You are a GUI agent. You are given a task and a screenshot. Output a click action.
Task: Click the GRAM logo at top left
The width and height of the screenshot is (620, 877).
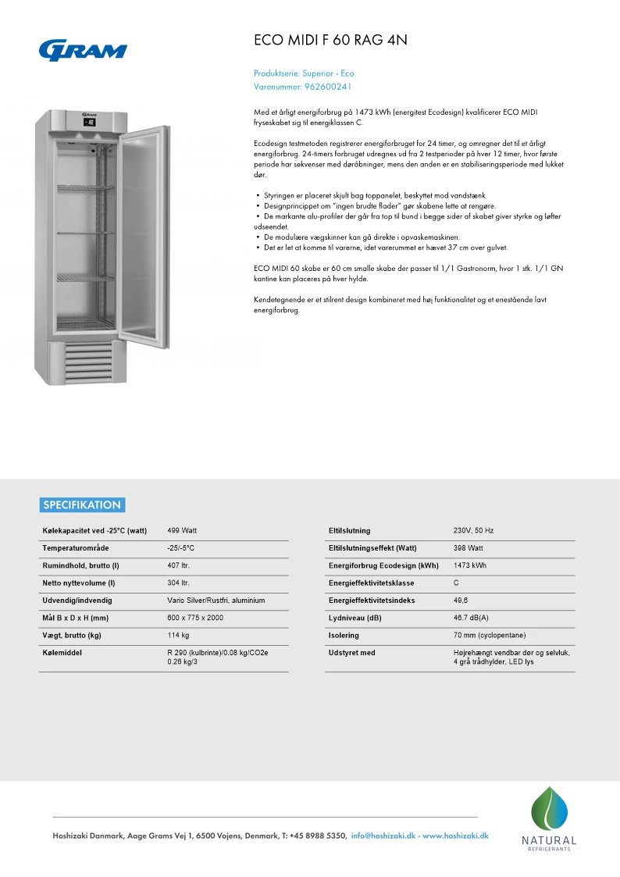83,50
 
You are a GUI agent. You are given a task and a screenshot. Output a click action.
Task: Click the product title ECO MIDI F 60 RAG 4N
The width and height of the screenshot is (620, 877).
331,40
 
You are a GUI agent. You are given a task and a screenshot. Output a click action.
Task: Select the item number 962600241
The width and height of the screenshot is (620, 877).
328,87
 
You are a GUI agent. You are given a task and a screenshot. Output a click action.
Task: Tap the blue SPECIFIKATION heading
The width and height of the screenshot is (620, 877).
82,504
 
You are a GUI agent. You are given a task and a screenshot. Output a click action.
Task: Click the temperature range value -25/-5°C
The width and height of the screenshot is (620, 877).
181,548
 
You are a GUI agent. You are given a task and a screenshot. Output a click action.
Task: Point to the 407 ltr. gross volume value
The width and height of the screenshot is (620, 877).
179,565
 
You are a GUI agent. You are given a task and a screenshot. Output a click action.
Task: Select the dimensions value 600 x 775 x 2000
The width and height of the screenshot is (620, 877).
195,618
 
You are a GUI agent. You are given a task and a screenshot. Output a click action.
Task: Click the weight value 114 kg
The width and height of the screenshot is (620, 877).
179,635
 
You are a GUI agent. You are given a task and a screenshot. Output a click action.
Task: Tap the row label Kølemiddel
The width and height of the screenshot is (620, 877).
62,652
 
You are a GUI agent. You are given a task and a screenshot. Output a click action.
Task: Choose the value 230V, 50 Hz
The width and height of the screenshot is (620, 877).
473,531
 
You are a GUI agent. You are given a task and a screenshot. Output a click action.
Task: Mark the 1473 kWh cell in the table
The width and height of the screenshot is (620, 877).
469,565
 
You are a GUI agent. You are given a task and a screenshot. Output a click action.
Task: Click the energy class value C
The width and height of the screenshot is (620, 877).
456,583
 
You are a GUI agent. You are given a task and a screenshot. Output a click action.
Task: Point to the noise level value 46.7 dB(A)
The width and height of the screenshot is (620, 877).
472,618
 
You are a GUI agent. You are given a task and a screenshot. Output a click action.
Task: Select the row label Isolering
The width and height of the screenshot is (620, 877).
344,635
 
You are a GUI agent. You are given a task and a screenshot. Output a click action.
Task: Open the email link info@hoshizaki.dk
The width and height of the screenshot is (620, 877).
383,836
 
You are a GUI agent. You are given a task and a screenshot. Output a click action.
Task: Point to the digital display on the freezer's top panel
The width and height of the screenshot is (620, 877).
90,122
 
